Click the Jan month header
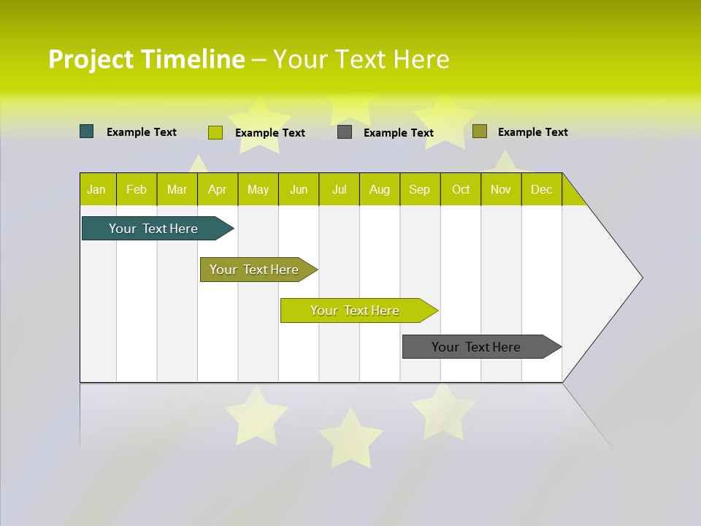point(96,189)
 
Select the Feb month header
point(137,189)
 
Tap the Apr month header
point(218,189)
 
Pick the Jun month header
point(299,189)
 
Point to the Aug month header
point(380,189)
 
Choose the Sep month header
point(420,189)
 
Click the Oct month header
point(461,189)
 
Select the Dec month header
point(542,189)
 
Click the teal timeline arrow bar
point(153,229)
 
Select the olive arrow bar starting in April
point(254,270)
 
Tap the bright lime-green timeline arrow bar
point(355,310)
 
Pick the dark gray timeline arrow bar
point(476,347)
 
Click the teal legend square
point(87,131)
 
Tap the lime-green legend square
point(215,132)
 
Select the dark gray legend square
point(345,132)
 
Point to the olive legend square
point(480,131)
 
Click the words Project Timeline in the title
point(146,59)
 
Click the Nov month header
point(501,189)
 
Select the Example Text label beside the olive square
point(532,132)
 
